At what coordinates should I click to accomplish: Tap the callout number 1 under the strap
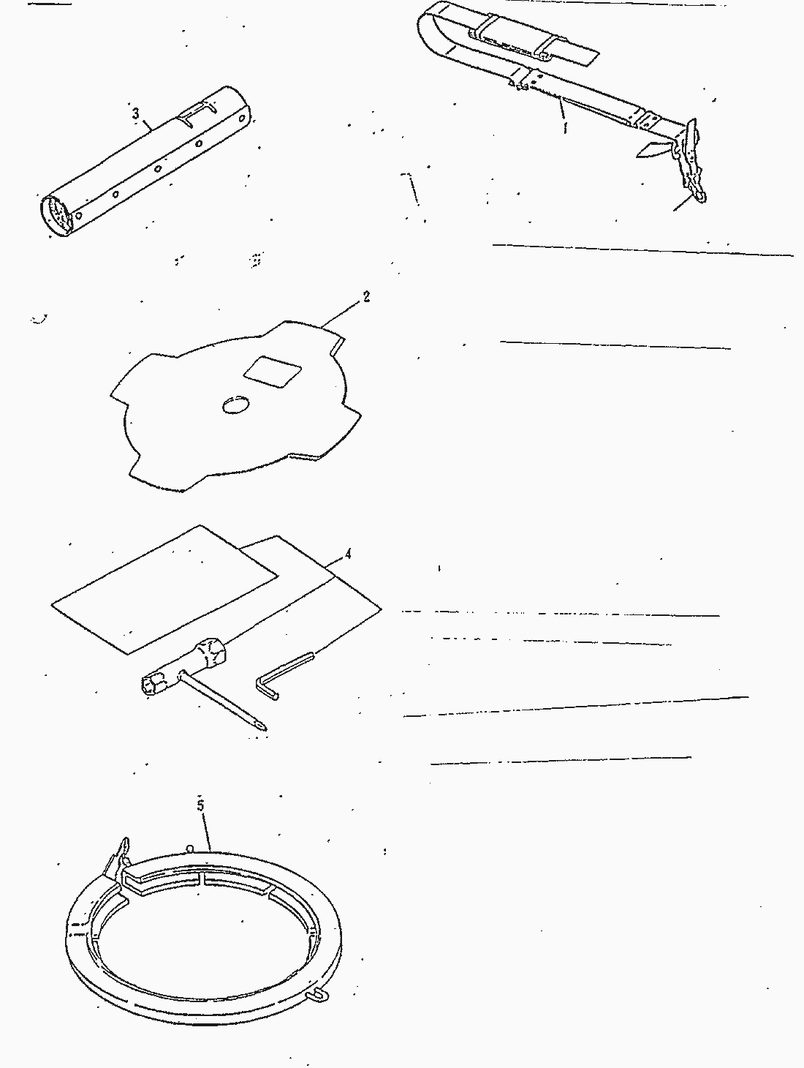564,127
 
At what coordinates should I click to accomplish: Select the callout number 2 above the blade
365,296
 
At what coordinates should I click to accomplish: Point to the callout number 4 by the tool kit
348,554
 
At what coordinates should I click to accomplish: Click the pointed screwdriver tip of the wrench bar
261,726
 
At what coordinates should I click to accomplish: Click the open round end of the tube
56,215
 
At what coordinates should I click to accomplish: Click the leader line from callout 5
207,830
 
